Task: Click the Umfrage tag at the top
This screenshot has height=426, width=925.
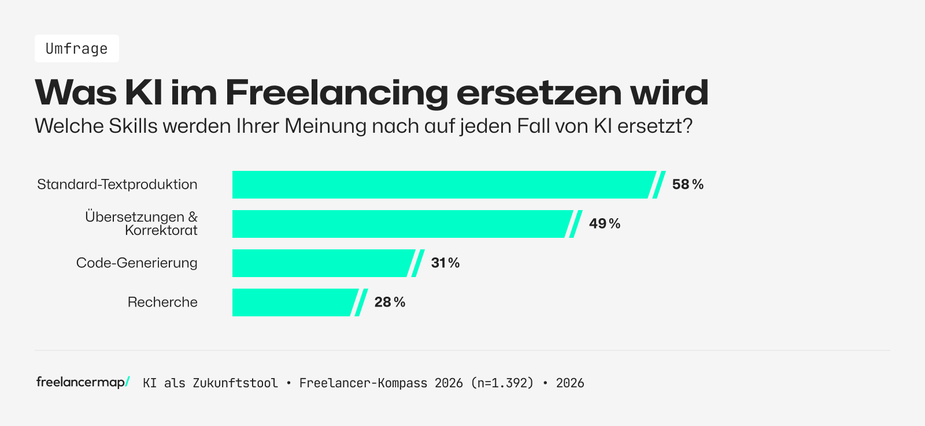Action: pyautogui.click(x=76, y=48)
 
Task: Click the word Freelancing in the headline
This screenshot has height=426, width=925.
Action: pyautogui.click(x=336, y=92)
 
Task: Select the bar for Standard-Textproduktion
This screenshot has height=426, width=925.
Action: pyautogui.click(x=442, y=185)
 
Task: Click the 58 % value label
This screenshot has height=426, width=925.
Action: pyautogui.click(x=687, y=185)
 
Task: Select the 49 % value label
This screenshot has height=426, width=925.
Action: pyautogui.click(x=604, y=224)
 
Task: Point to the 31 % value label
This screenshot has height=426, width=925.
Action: pyautogui.click(x=445, y=263)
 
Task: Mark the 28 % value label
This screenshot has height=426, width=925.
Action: pyautogui.click(x=390, y=302)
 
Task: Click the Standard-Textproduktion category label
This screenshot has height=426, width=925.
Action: pyautogui.click(x=117, y=185)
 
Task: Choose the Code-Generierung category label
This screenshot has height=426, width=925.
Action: pyautogui.click(x=137, y=263)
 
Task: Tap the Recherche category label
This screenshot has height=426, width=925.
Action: pyautogui.click(x=162, y=302)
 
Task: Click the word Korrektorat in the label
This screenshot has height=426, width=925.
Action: pyautogui.click(x=161, y=231)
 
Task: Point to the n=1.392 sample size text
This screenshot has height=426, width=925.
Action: pyautogui.click(x=502, y=383)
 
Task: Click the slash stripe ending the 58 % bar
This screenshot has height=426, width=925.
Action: pyautogui.click(x=659, y=185)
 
